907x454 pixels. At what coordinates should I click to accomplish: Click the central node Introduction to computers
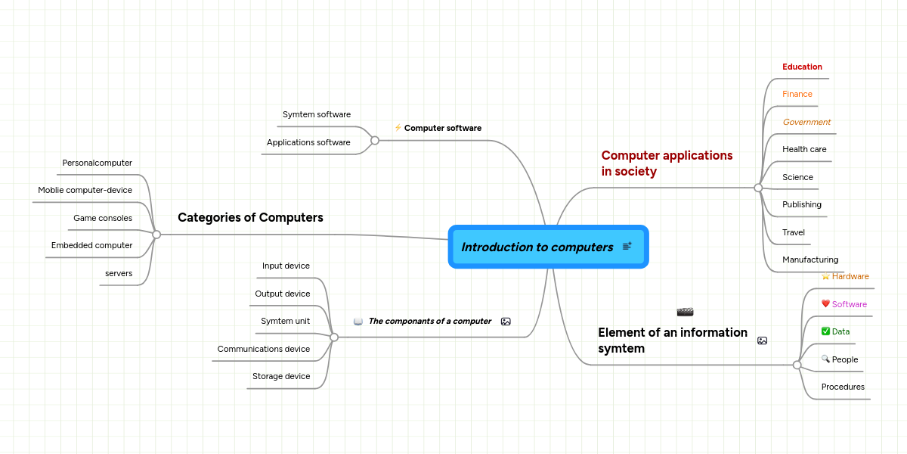pos(537,247)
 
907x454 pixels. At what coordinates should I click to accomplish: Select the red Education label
pos(802,67)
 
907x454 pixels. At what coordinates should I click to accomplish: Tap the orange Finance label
pos(797,94)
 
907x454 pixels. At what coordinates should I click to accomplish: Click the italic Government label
pos(806,122)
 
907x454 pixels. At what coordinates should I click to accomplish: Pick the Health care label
pos(804,149)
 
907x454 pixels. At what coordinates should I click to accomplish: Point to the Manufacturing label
pos(810,260)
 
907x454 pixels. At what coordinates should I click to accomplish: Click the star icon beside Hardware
pos(825,276)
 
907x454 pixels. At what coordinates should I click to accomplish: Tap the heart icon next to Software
pos(825,304)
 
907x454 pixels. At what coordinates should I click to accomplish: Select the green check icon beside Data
pos(825,331)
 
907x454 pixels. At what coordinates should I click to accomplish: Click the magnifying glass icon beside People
pos(825,359)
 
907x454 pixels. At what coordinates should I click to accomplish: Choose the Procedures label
pos(843,387)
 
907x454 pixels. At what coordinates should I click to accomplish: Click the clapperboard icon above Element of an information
pos(685,312)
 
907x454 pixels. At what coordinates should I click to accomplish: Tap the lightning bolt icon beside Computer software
pos(398,128)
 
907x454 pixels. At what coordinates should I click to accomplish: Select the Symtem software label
pos(317,114)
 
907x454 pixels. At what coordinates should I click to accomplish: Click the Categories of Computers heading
pos(250,218)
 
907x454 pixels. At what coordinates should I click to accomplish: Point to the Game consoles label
pos(103,218)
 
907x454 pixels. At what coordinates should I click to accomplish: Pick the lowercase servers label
pos(119,273)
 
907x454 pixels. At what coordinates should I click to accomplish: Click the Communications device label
pos(264,349)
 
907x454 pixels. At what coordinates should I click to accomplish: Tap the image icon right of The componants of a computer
pos(506,322)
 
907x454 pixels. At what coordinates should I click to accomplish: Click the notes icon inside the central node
pos(627,247)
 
